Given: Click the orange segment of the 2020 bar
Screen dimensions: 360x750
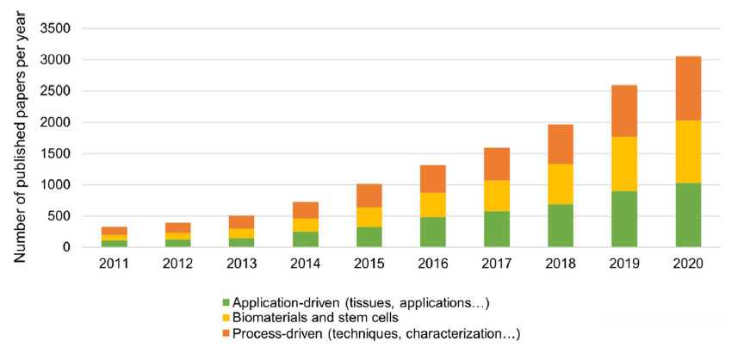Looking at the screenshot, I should click(688, 88).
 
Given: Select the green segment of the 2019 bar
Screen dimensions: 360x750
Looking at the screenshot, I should click(624, 219).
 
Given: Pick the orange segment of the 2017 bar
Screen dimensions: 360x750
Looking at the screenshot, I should click(497, 164).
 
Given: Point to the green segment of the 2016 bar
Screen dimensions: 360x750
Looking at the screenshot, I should click(433, 232).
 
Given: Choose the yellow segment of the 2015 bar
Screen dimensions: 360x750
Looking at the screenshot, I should click(369, 217).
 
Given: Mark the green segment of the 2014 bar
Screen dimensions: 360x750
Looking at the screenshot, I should click(306, 239).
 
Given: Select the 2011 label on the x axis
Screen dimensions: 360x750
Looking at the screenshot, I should click(115, 264).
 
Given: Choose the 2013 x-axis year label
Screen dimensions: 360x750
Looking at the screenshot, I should click(242, 264).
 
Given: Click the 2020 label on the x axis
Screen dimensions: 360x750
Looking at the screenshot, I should click(688, 264).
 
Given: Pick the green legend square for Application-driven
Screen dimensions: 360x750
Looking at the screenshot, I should click(226, 303).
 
